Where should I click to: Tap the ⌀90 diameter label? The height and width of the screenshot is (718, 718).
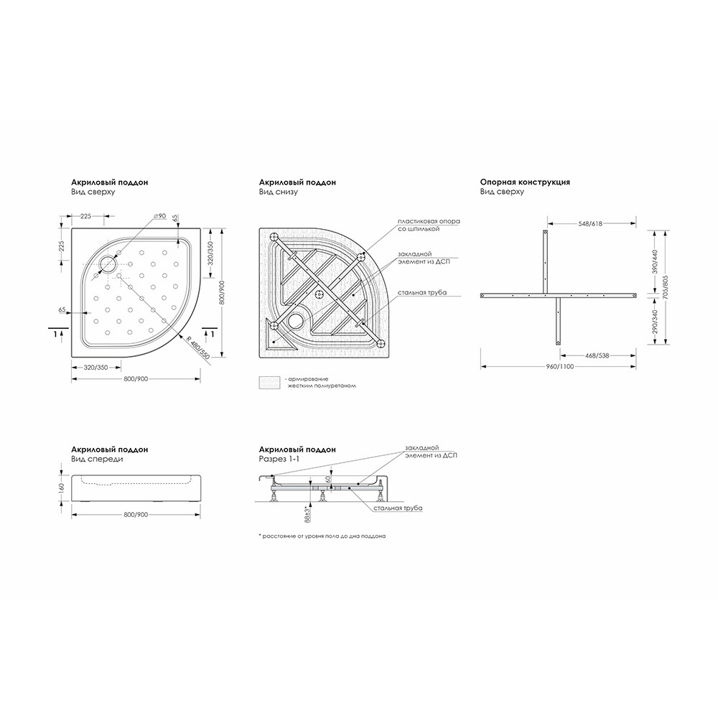pos(159,216)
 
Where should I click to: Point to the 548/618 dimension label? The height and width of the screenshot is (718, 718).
pos(589,223)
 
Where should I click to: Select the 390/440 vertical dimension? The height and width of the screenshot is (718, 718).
pos(654,262)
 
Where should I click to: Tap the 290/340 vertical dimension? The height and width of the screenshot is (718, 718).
pos(654,322)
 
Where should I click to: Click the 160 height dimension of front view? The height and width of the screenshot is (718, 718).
pos(61,488)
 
